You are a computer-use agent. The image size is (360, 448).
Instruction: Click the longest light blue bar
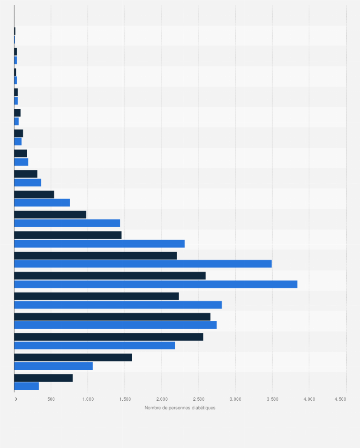pos(156,284)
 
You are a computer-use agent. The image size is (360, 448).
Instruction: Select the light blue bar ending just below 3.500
pos(143,264)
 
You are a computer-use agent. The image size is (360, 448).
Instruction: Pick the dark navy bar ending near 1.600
pos(73,357)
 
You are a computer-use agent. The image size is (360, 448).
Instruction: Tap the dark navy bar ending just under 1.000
pos(50,215)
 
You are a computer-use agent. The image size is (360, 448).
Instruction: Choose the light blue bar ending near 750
pos(42,203)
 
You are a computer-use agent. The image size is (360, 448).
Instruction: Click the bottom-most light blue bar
pos(26,386)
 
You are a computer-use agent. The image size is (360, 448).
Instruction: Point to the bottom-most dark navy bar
pos(43,378)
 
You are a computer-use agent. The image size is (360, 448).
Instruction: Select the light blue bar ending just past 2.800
pos(118,305)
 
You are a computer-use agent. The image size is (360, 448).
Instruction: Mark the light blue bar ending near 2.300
pos(99,244)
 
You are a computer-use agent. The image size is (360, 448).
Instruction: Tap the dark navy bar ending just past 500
pos(34,194)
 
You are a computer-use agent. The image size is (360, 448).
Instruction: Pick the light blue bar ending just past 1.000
pos(53,366)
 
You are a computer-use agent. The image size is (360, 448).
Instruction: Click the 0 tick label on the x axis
pos(15,398)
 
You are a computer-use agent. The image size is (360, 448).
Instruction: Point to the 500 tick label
pos(51,398)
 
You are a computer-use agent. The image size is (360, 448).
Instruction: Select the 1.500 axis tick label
pos(125,398)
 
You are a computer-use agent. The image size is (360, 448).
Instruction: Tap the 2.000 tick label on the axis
pos(161,398)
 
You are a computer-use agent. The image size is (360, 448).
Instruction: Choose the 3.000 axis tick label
pos(235,398)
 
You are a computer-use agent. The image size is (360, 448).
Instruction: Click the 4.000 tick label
pos(309,398)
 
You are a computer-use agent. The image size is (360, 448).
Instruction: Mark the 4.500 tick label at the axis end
pos(340,398)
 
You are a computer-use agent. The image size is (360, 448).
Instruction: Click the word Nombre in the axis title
pos(153,408)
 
